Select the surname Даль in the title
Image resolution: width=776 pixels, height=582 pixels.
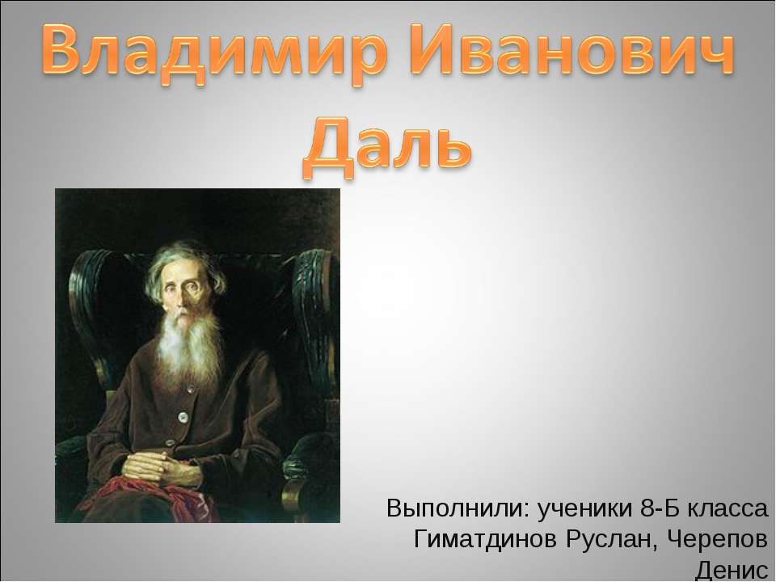click(x=386, y=143)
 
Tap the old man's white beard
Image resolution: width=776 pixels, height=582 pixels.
click(x=187, y=348)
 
